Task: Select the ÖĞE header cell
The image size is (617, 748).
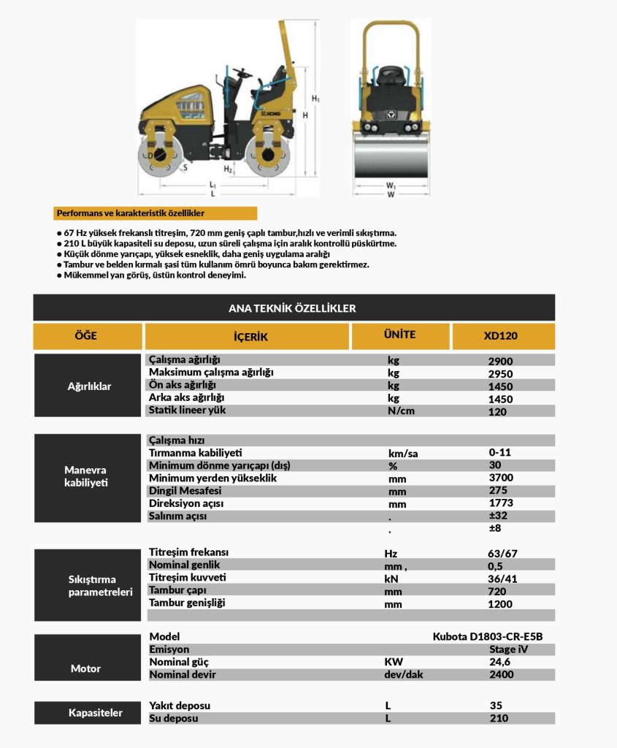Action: pyautogui.click(x=85, y=337)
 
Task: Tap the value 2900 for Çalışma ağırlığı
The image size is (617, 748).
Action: pyautogui.click(x=500, y=361)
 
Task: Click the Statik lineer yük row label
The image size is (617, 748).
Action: pyautogui.click(x=187, y=410)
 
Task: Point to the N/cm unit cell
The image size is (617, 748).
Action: pyautogui.click(x=401, y=411)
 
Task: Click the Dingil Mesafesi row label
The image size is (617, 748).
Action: pyautogui.click(x=185, y=491)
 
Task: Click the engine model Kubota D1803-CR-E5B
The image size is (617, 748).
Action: pyautogui.click(x=487, y=636)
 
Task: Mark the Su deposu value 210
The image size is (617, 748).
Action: pyautogui.click(x=499, y=718)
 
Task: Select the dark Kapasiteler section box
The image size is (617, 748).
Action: pyautogui.click(x=85, y=712)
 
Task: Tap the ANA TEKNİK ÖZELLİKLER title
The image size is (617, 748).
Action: pyautogui.click(x=293, y=308)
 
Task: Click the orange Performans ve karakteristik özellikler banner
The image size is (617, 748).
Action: pyautogui.click(x=155, y=213)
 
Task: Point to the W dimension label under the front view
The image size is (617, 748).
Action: pyautogui.click(x=391, y=194)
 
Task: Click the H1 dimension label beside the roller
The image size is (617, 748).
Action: pyautogui.click(x=315, y=98)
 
